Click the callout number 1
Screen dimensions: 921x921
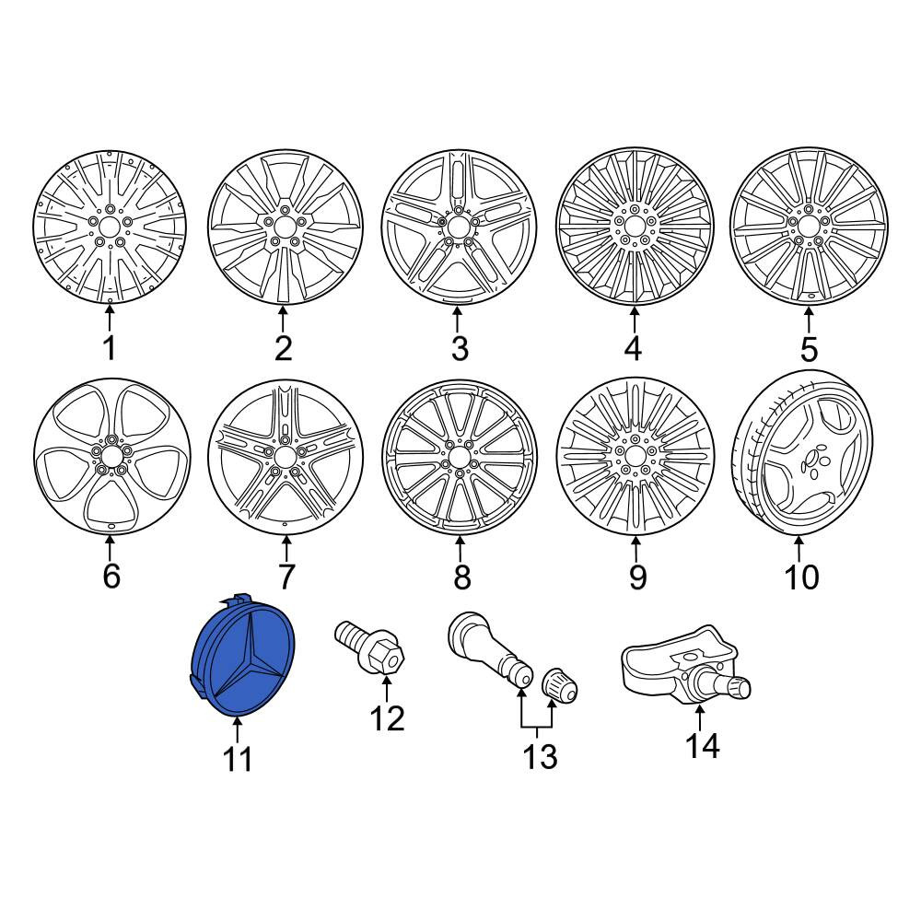coord(110,348)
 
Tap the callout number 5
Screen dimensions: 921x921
coord(809,349)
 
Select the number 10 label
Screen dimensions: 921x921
coord(801,577)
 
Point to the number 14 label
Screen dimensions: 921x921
coord(703,746)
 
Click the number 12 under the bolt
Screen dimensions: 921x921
coord(388,717)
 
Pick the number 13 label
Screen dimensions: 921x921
coord(540,756)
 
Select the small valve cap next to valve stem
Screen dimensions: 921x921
coord(559,685)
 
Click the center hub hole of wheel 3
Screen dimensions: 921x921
coord(457,227)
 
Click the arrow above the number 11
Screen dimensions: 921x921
coord(238,730)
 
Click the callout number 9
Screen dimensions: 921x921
coord(637,577)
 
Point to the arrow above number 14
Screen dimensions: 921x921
coord(700,717)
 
